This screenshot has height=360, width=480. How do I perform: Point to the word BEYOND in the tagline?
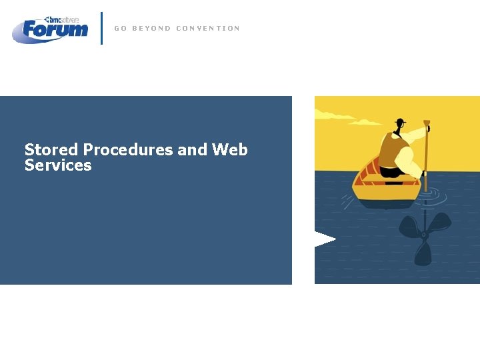pos(151,28)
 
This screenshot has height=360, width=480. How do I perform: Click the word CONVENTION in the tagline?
pos(207,28)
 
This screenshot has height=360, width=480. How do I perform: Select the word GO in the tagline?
pos(120,28)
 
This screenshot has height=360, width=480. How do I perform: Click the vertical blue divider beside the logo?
pos(101,28)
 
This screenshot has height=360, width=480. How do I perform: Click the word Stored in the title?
pos(51,150)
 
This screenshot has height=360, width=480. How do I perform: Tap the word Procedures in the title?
pos(127,150)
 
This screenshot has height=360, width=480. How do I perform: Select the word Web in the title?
pos(230,150)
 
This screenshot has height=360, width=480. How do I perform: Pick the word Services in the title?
pos(58,165)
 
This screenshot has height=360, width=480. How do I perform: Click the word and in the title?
pos(193,150)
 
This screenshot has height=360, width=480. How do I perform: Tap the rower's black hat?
pos(399,122)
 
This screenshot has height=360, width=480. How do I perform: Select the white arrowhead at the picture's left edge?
pos(323,239)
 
